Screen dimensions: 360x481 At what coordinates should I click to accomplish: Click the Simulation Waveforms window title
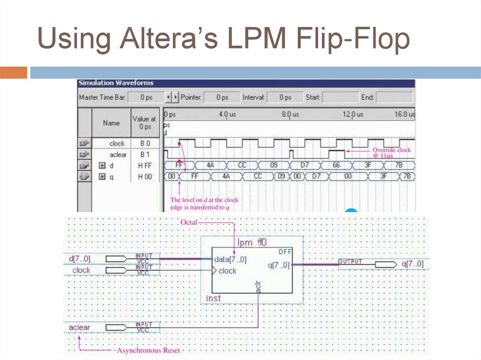pyautogui.click(x=116, y=83)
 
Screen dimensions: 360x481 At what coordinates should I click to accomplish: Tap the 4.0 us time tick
pyautogui.click(x=227, y=114)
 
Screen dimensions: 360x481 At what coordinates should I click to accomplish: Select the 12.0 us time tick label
pyautogui.click(x=353, y=114)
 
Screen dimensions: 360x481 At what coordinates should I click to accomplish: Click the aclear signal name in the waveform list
pyautogui.click(x=118, y=154)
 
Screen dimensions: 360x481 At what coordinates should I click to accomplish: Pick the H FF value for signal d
pyautogui.click(x=145, y=166)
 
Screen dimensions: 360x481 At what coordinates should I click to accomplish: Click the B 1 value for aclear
pyautogui.click(x=145, y=154)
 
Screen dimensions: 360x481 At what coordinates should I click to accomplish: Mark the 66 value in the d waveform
pyautogui.click(x=336, y=165)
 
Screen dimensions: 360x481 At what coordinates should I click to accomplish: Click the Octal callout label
pyautogui.click(x=189, y=222)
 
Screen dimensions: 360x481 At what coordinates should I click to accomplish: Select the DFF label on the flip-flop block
pyautogui.click(x=285, y=252)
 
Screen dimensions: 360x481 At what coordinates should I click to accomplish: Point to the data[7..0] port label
pyautogui.click(x=230, y=259)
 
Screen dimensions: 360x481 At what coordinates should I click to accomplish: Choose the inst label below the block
pyautogui.click(x=213, y=299)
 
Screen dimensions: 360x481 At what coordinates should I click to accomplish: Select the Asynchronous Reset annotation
pyautogui.click(x=148, y=350)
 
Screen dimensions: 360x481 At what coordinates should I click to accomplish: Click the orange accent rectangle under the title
pyautogui.click(x=14, y=73)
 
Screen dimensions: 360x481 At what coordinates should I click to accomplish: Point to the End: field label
pyautogui.click(x=367, y=98)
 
